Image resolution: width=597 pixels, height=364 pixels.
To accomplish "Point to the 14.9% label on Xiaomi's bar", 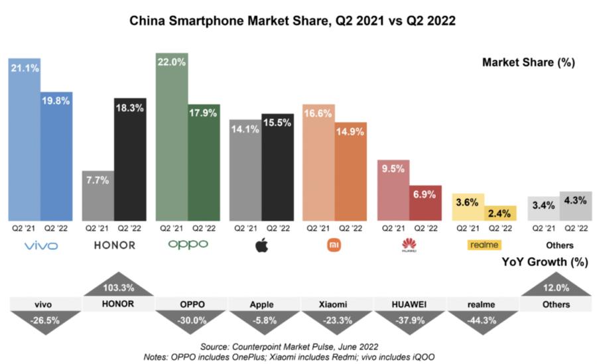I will [351, 131].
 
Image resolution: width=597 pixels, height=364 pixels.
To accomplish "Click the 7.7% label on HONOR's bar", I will [98, 179].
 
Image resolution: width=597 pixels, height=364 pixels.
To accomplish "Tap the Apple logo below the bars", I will [261, 245].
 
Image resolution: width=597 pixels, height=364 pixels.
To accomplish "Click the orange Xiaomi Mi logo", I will [334, 245].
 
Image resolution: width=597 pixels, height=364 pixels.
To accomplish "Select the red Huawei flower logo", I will [409, 245].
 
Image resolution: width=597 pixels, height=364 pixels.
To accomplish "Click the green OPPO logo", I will [188, 245].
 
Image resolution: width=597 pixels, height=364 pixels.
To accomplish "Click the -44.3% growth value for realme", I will [482, 320].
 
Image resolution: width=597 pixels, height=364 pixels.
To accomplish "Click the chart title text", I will [292, 21].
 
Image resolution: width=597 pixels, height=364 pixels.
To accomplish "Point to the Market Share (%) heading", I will [528, 63].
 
